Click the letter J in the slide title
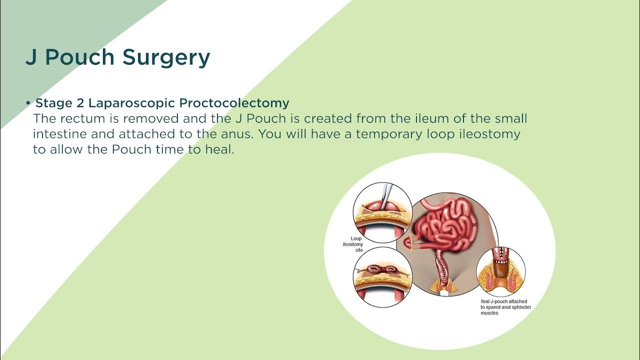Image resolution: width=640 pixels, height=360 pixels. click(x=31, y=57)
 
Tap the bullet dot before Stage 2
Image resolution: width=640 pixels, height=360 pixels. click(x=28, y=103)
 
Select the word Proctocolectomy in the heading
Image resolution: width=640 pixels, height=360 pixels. click(x=234, y=103)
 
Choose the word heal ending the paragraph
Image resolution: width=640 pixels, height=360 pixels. click(x=219, y=149)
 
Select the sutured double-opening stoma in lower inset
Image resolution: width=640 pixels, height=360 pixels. click(x=382, y=270)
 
